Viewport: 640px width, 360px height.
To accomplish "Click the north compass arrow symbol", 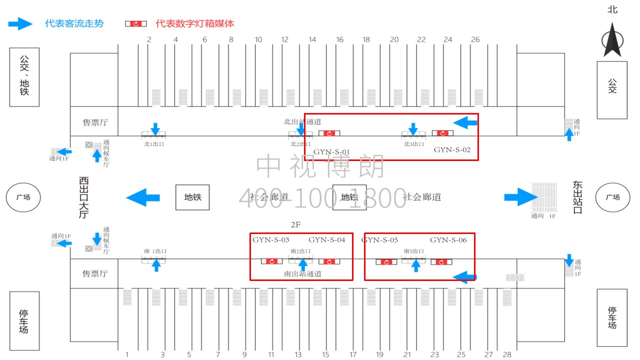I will coord(612,43).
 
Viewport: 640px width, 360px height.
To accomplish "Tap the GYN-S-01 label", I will coord(331,152).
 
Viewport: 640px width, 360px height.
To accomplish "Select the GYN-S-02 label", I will coord(452,149).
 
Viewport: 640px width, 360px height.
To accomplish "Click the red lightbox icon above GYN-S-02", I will coord(442,133).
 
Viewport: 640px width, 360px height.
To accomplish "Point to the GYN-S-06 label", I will coord(448,240).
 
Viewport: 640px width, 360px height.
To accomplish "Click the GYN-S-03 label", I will coord(270,240).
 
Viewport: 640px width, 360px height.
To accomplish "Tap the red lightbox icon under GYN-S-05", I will coord(386,261).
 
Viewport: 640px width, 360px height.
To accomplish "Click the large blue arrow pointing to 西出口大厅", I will coord(143,197).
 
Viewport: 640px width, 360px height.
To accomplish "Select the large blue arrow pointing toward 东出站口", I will coord(520,197).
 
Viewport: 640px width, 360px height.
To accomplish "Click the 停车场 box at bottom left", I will coord(24,320).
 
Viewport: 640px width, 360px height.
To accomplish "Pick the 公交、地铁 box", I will coord(24,76).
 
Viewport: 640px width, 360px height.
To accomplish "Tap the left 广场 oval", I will coord(23,197).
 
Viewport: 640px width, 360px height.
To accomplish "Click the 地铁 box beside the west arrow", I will coord(192,197).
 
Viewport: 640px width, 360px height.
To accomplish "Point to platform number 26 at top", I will coord(475,39).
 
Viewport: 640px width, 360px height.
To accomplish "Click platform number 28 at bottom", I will coord(507,354).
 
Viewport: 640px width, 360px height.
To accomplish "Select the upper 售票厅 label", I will coord(95,122).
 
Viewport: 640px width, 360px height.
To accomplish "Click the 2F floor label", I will coord(295,224).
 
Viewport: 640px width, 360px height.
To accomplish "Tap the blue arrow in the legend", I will coord(20,23).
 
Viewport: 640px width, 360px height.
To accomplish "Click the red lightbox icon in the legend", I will coord(135,23).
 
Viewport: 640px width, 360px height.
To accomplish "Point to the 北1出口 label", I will coord(154,144).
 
